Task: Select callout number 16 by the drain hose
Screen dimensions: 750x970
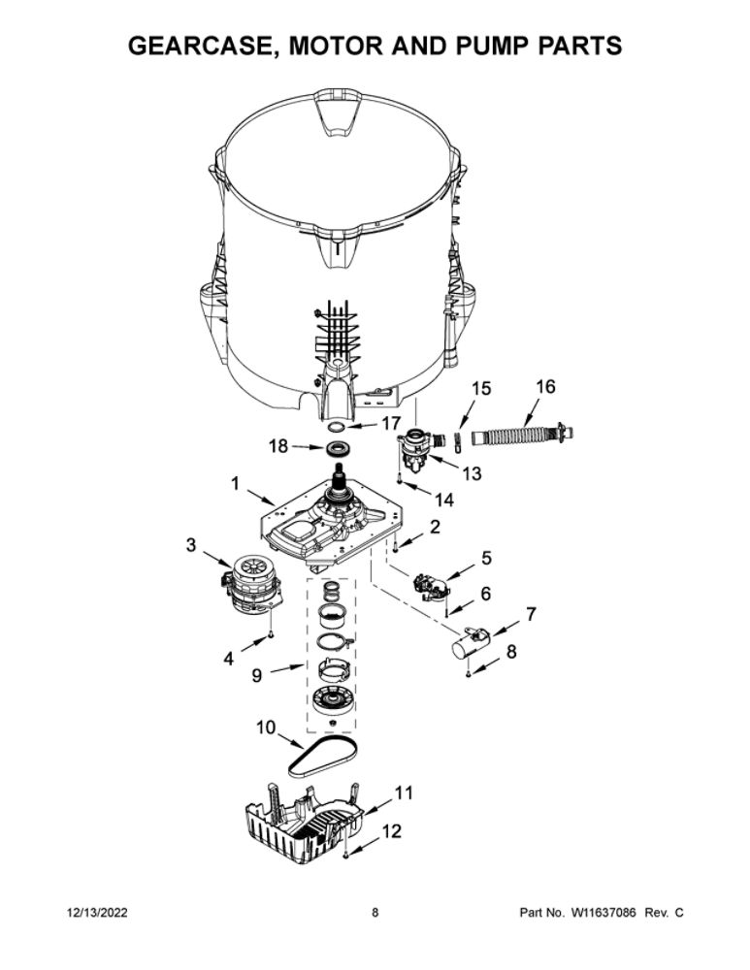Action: pos(545,387)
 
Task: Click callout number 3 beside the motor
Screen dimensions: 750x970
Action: pos(190,544)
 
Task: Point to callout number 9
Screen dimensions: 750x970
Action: pos(256,675)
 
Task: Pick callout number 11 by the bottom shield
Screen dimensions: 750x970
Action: pos(404,792)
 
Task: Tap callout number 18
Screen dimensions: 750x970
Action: pos(278,445)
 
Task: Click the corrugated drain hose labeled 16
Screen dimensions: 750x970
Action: pos(523,433)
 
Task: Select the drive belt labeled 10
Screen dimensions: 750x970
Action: pos(323,758)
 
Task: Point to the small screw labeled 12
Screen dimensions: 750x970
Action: pos(345,855)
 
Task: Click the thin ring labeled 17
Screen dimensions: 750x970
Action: pos(337,426)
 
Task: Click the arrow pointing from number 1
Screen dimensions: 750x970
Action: pos(261,496)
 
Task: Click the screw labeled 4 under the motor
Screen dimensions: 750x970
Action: pos(271,634)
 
